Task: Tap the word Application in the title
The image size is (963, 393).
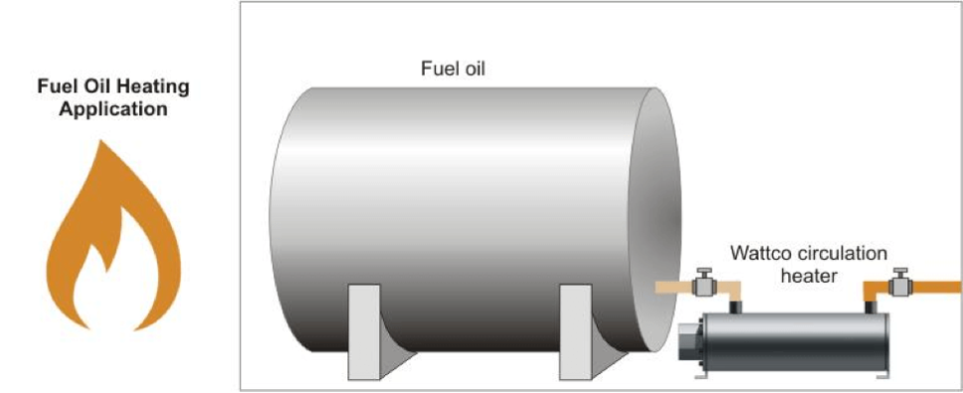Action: pos(112,109)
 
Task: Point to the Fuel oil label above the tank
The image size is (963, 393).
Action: pos(454,71)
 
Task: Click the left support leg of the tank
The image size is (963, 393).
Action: pos(363,332)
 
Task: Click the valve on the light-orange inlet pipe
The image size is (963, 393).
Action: pos(705,286)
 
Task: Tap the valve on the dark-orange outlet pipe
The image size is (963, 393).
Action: pos(901,286)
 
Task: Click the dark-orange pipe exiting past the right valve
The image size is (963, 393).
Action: pos(938,287)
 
